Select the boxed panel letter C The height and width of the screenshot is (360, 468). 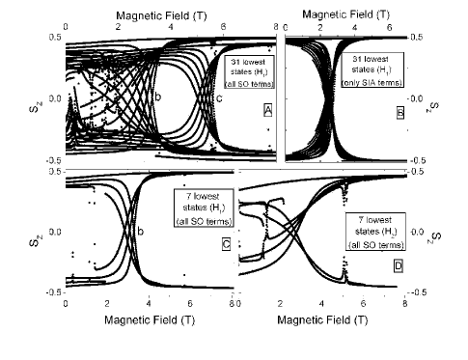pos(225,271)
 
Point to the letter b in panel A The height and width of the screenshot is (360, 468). pos(157,98)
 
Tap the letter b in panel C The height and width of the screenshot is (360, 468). pos(141,232)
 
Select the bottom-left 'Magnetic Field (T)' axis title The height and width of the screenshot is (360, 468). pos(148,318)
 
